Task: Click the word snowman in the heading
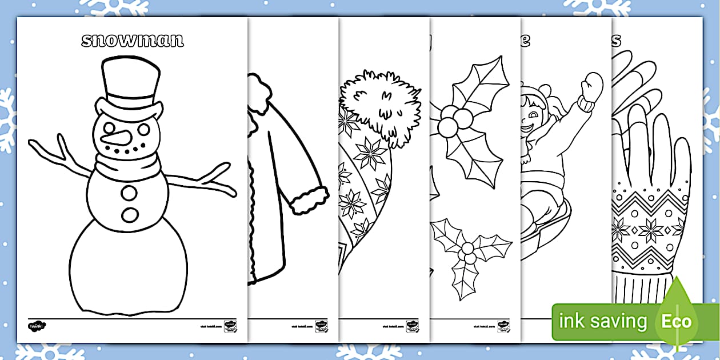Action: coord(132,40)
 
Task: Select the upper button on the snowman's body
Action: coord(130,193)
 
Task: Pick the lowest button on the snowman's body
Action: coord(130,215)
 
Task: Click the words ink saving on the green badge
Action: coord(603,321)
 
